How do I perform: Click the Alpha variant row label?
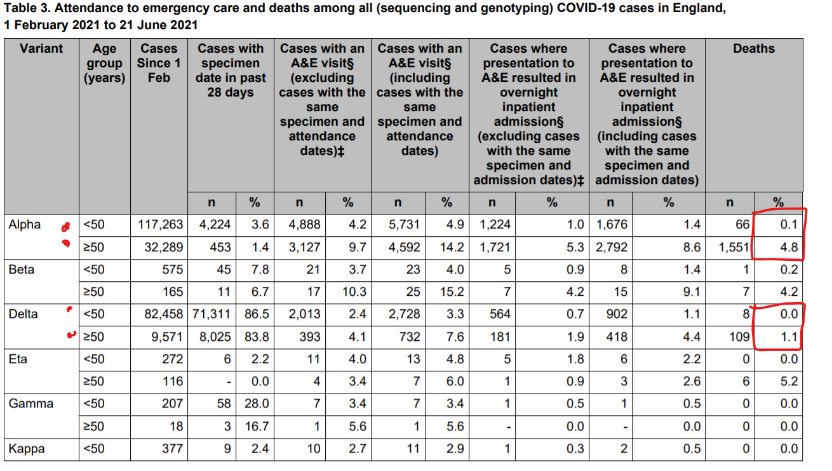coord(25,225)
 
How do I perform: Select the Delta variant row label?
coord(23,314)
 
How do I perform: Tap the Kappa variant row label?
coord(27,449)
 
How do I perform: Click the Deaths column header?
coord(754,49)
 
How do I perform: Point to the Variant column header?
coord(41,49)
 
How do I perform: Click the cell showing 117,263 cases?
coord(161,225)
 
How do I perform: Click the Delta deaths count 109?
coord(739,337)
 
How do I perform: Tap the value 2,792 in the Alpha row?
coord(612,248)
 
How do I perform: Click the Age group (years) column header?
coord(105,63)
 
